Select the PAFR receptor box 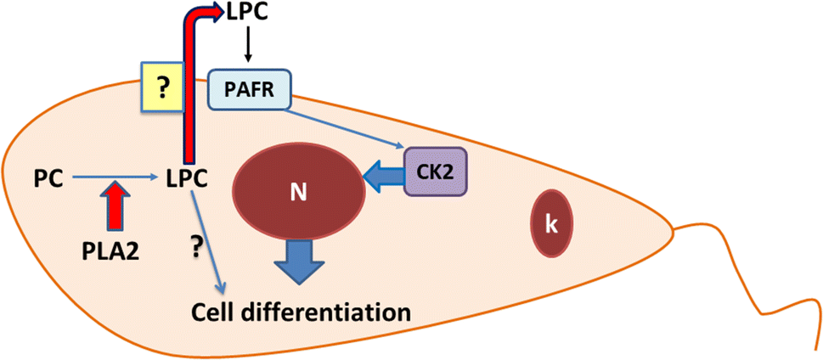250,90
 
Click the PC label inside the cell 47,178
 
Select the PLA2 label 111,251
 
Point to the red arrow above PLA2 116,209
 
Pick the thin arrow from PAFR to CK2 348,129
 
